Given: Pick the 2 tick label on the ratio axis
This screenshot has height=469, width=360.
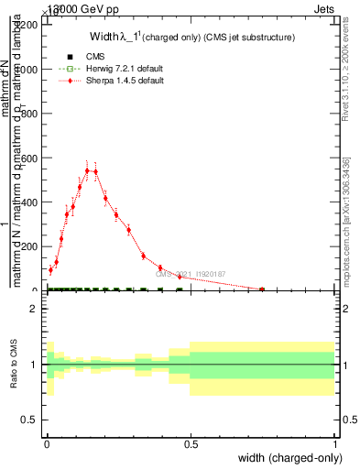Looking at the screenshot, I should [x=33, y=309].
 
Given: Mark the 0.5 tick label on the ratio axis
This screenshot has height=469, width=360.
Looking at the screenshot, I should [x=29, y=420].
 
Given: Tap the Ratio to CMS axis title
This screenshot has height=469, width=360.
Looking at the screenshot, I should [x=14, y=365].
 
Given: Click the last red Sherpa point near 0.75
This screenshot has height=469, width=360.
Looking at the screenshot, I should [x=262, y=289].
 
